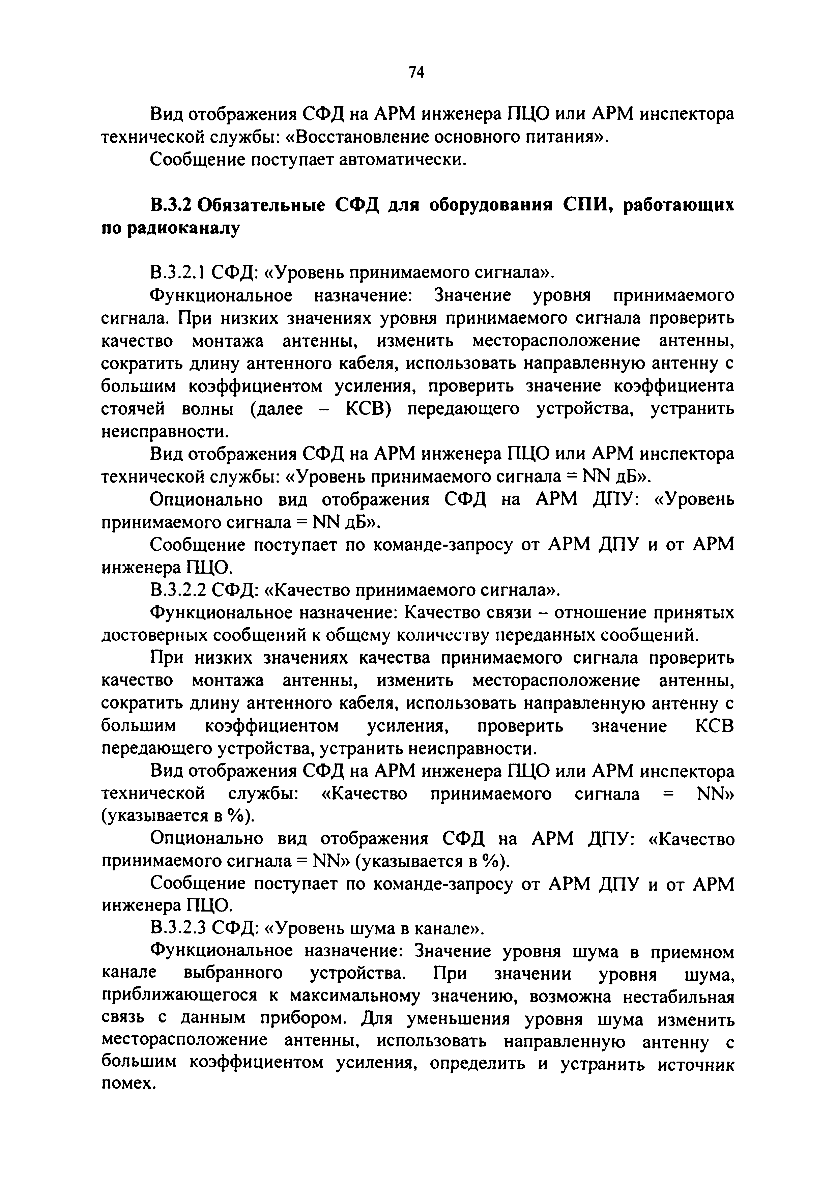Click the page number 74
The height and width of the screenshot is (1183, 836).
(x=416, y=73)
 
